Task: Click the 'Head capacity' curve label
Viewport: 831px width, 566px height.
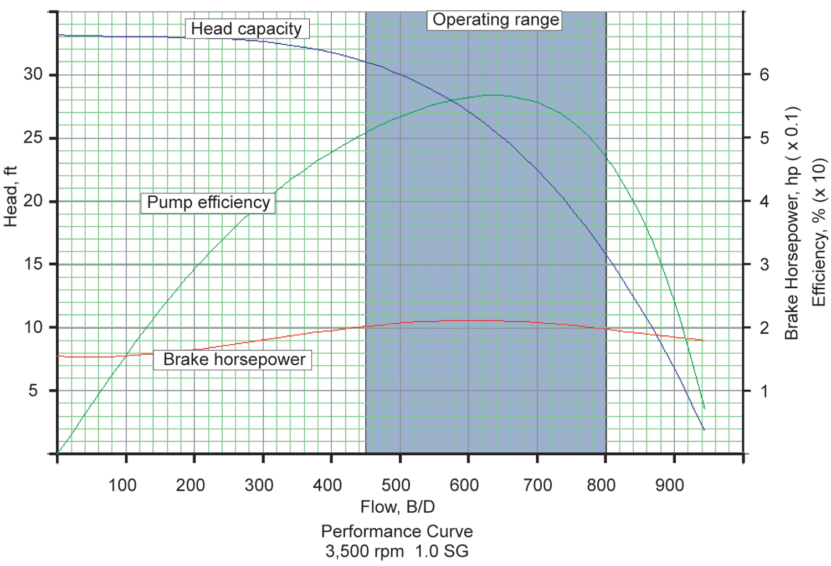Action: (x=247, y=28)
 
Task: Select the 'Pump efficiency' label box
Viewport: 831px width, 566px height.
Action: (x=208, y=202)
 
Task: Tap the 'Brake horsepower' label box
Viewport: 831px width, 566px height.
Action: (x=234, y=359)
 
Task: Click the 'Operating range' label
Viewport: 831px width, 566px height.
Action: (x=495, y=19)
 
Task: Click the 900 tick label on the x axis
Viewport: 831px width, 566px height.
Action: (x=669, y=485)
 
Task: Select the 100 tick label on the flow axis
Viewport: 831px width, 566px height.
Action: (x=122, y=485)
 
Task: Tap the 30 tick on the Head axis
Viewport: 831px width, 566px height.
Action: (x=33, y=74)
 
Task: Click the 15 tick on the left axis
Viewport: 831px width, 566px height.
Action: (x=33, y=264)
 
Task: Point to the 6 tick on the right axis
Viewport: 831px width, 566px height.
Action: (x=765, y=74)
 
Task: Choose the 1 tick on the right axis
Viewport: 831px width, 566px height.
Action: (x=765, y=391)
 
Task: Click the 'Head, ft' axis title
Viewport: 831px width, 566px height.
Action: (x=11, y=196)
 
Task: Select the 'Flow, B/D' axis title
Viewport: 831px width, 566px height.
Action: (x=397, y=507)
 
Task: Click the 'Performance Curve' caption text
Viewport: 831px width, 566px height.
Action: (x=397, y=531)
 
